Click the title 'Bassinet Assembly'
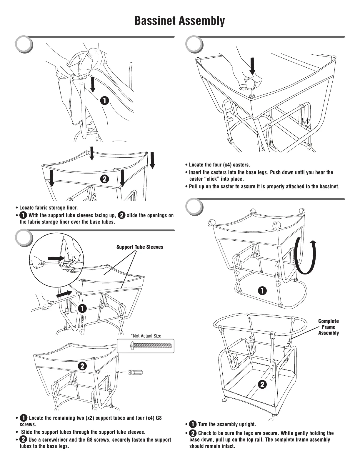[x=180, y=21]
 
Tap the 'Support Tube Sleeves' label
[x=140, y=247]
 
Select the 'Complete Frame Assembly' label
[x=328, y=327]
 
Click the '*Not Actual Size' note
[x=146, y=336]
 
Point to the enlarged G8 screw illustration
[x=150, y=346]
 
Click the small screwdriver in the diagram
[x=134, y=372]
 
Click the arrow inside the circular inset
[x=56, y=258]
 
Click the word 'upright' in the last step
[x=246, y=424]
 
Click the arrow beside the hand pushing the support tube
[x=64, y=294]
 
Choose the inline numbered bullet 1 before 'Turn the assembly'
[x=193, y=424]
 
